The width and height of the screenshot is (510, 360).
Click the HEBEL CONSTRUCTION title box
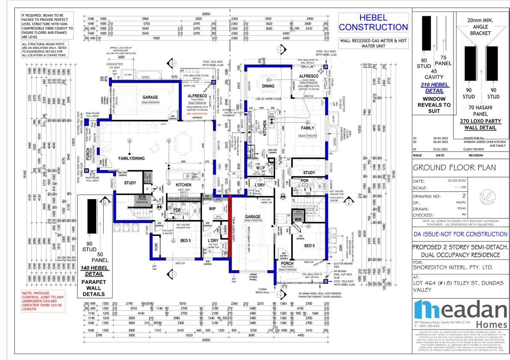[373, 22]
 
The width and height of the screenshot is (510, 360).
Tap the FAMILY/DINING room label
[131, 158]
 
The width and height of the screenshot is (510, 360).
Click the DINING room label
[268, 86]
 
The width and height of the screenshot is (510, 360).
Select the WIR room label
[298, 220]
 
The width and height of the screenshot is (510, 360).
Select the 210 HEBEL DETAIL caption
[435, 88]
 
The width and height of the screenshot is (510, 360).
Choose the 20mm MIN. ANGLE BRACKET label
[482, 26]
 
